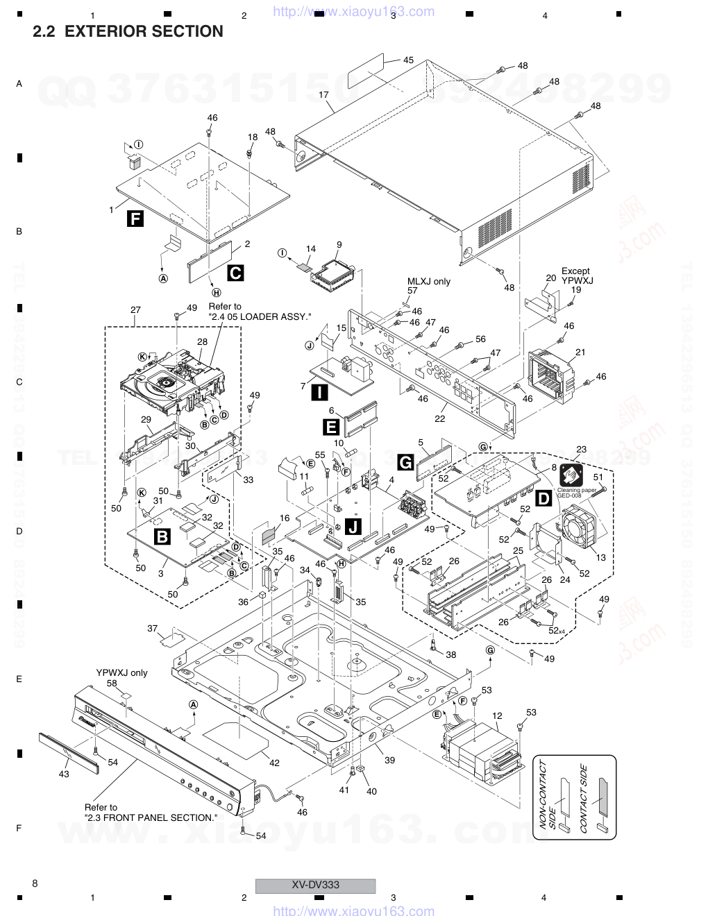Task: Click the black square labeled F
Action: (135, 221)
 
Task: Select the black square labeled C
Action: (235, 273)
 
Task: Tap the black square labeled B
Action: (162, 536)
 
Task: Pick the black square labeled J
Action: (353, 527)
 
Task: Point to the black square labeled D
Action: (544, 497)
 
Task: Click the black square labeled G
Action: (405, 461)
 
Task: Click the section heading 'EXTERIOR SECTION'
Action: (144, 31)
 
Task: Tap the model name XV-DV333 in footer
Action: (315, 885)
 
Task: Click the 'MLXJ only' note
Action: (428, 281)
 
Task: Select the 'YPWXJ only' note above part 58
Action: (121, 672)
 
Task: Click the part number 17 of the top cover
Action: (323, 94)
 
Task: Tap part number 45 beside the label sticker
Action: (408, 60)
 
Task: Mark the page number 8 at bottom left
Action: (35, 883)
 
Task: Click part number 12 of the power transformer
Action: (497, 715)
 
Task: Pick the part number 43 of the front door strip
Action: (64, 774)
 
